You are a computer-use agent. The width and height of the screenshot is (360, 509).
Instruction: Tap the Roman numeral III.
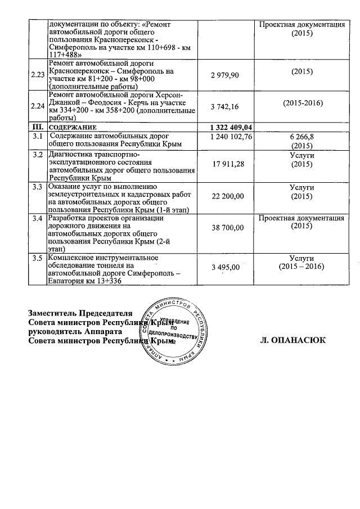coord(38,128)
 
